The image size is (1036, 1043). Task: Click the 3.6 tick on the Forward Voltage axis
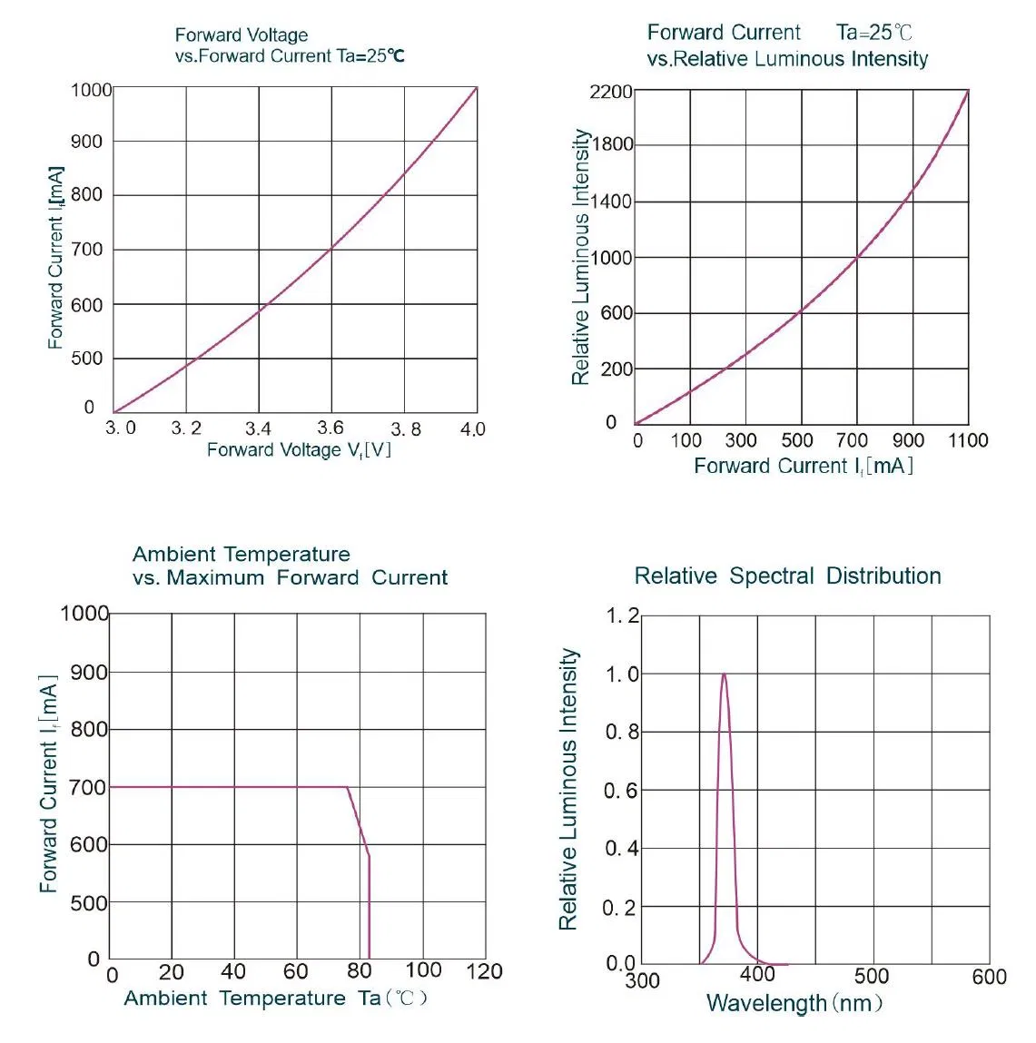tap(331, 428)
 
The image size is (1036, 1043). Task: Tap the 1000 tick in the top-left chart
tap(92, 90)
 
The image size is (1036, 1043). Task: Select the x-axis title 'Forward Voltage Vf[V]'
tap(299, 450)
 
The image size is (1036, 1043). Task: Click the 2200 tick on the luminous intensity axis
tap(610, 92)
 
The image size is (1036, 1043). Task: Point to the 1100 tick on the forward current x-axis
tap(968, 440)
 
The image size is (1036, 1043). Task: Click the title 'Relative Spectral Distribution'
tap(787, 576)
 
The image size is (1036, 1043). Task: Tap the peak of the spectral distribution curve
tap(724, 674)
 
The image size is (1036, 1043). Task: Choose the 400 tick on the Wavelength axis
tap(757, 975)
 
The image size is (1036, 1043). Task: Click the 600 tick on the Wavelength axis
tap(989, 977)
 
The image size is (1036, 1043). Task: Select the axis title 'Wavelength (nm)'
tap(794, 1003)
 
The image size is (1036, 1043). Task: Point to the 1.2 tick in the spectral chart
tap(623, 616)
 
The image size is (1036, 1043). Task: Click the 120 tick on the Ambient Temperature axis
tap(484, 972)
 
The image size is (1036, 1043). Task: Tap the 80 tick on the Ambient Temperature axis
tap(360, 972)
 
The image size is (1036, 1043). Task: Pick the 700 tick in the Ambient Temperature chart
tap(88, 788)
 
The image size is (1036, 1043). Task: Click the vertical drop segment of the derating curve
tap(369, 908)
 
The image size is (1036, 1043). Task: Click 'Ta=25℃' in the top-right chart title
tap(873, 34)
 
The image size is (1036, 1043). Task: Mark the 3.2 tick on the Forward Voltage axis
tap(187, 428)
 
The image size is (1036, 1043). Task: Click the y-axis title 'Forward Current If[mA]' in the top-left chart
tap(56, 258)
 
